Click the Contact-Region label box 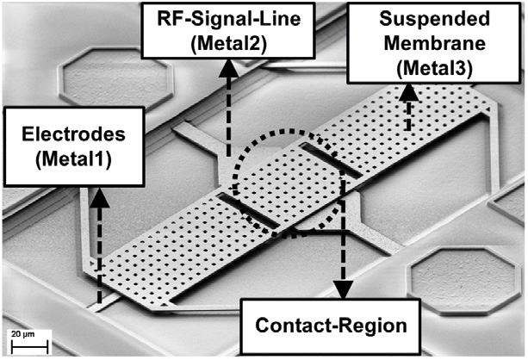coord(332,325)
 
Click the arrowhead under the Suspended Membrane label coord(408,91)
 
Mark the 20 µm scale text coord(24,334)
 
